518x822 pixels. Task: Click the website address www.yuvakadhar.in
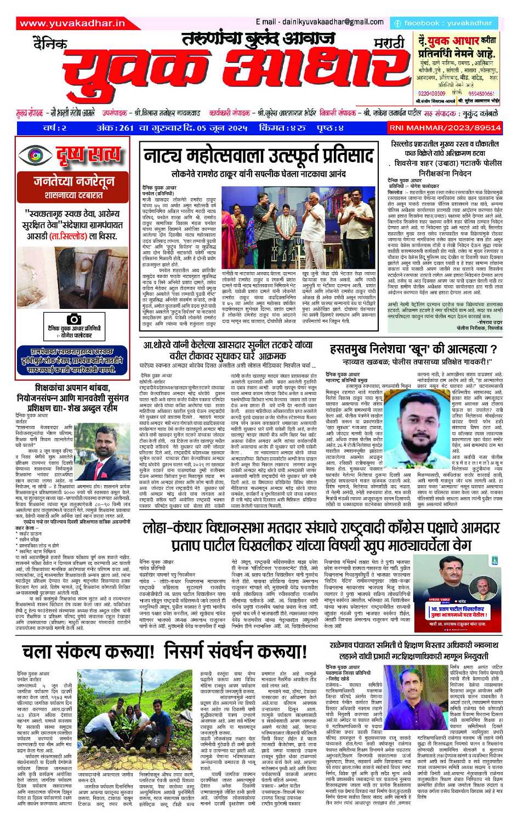click(x=71, y=24)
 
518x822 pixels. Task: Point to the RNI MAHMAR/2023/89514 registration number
click(x=445, y=127)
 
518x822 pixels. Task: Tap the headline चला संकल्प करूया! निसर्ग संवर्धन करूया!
click(x=164, y=652)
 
